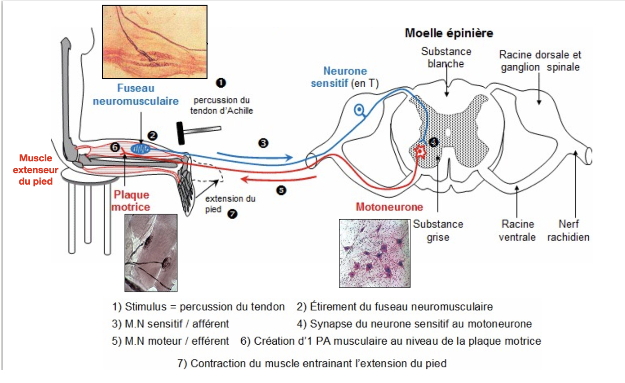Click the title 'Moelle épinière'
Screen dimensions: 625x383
(449, 33)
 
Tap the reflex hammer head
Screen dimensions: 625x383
(181, 133)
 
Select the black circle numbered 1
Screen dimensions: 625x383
(221, 83)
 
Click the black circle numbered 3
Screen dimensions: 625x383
(263, 143)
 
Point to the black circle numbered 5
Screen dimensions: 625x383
(281, 190)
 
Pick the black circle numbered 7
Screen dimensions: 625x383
(232, 214)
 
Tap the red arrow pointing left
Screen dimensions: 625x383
(278, 179)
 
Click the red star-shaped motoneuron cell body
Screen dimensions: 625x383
(420, 151)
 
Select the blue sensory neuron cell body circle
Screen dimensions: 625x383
(359, 110)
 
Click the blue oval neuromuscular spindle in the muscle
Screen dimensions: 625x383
(141, 149)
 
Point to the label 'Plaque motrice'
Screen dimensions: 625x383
(131, 201)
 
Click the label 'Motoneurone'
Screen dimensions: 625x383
(389, 207)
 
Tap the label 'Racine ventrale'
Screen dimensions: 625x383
(517, 231)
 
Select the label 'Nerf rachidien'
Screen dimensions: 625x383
(569, 231)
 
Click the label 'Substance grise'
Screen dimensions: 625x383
(438, 231)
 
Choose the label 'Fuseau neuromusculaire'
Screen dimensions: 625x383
(136, 94)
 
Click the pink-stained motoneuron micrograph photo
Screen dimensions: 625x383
(375, 253)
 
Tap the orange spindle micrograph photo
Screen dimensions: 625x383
(155, 42)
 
